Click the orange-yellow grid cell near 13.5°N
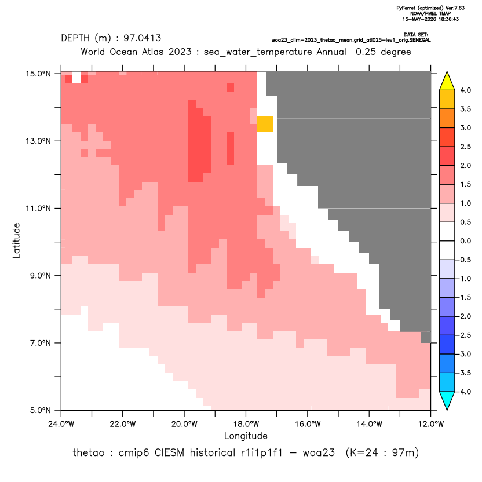tap(265, 124)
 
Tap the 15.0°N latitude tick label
tap(38, 74)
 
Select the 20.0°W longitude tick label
tap(184, 424)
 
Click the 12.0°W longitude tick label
tap(430, 424)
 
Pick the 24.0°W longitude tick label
tap(61, 424)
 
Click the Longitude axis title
tap(246, 436)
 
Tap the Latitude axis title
tap(16, 240)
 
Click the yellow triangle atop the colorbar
tap(447, 81)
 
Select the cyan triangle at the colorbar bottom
tap(447, 401)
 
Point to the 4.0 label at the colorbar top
tap(465, 90)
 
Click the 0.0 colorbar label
tap(465, 241)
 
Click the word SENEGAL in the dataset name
tap(421, 40)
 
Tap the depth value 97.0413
tap(142, 38)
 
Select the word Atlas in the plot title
tap(152, 52)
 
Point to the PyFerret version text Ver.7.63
tap(455, 8)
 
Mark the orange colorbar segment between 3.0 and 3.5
tap(447, 118)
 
